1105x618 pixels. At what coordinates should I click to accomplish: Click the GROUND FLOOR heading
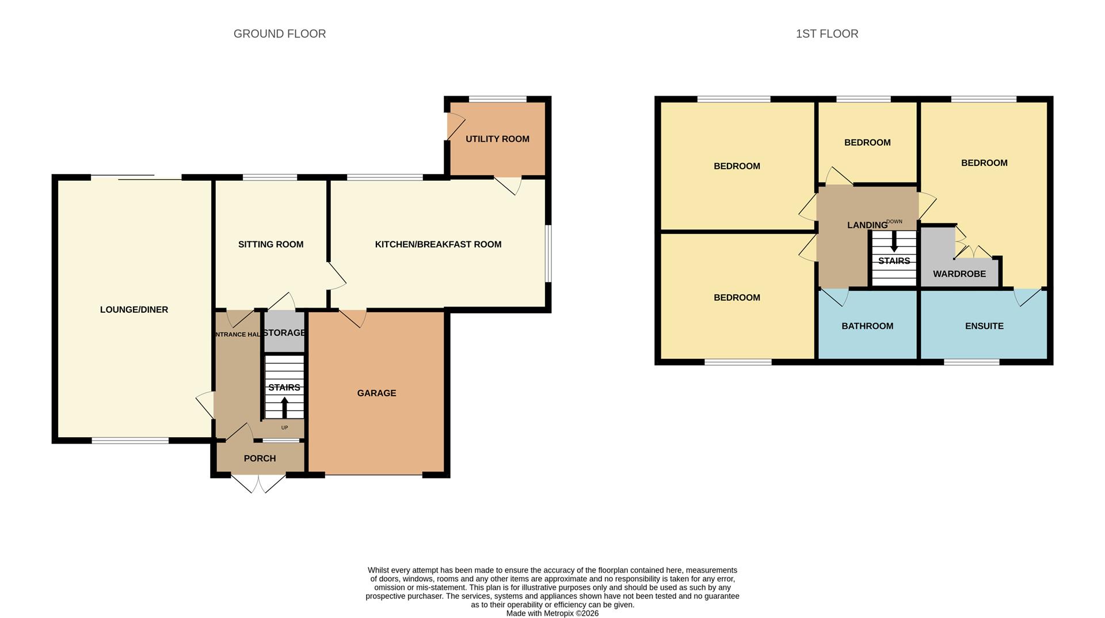279,34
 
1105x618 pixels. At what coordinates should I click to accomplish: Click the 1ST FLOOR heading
826,34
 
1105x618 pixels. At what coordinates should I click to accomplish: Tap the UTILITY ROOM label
497,139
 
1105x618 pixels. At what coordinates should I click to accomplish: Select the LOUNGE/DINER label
134,310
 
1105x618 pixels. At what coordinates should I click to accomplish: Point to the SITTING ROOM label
270,244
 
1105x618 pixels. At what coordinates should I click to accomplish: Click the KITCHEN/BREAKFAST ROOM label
438,244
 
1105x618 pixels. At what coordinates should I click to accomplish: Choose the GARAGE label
376,393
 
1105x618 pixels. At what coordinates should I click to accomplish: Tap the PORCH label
260,458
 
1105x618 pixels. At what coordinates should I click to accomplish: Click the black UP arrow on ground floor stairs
284,407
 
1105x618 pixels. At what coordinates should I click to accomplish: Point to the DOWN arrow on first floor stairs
894,241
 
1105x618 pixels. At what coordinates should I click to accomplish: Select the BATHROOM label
867,326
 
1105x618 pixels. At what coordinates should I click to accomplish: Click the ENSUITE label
984,326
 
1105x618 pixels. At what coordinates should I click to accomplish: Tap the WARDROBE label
959,274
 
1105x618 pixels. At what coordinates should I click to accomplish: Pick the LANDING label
867,225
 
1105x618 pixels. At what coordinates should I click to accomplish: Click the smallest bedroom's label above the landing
867,143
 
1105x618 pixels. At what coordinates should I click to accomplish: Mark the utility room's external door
455,126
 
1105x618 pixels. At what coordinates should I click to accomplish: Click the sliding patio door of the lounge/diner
136,177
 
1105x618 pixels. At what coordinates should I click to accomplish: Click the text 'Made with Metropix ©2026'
552,613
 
